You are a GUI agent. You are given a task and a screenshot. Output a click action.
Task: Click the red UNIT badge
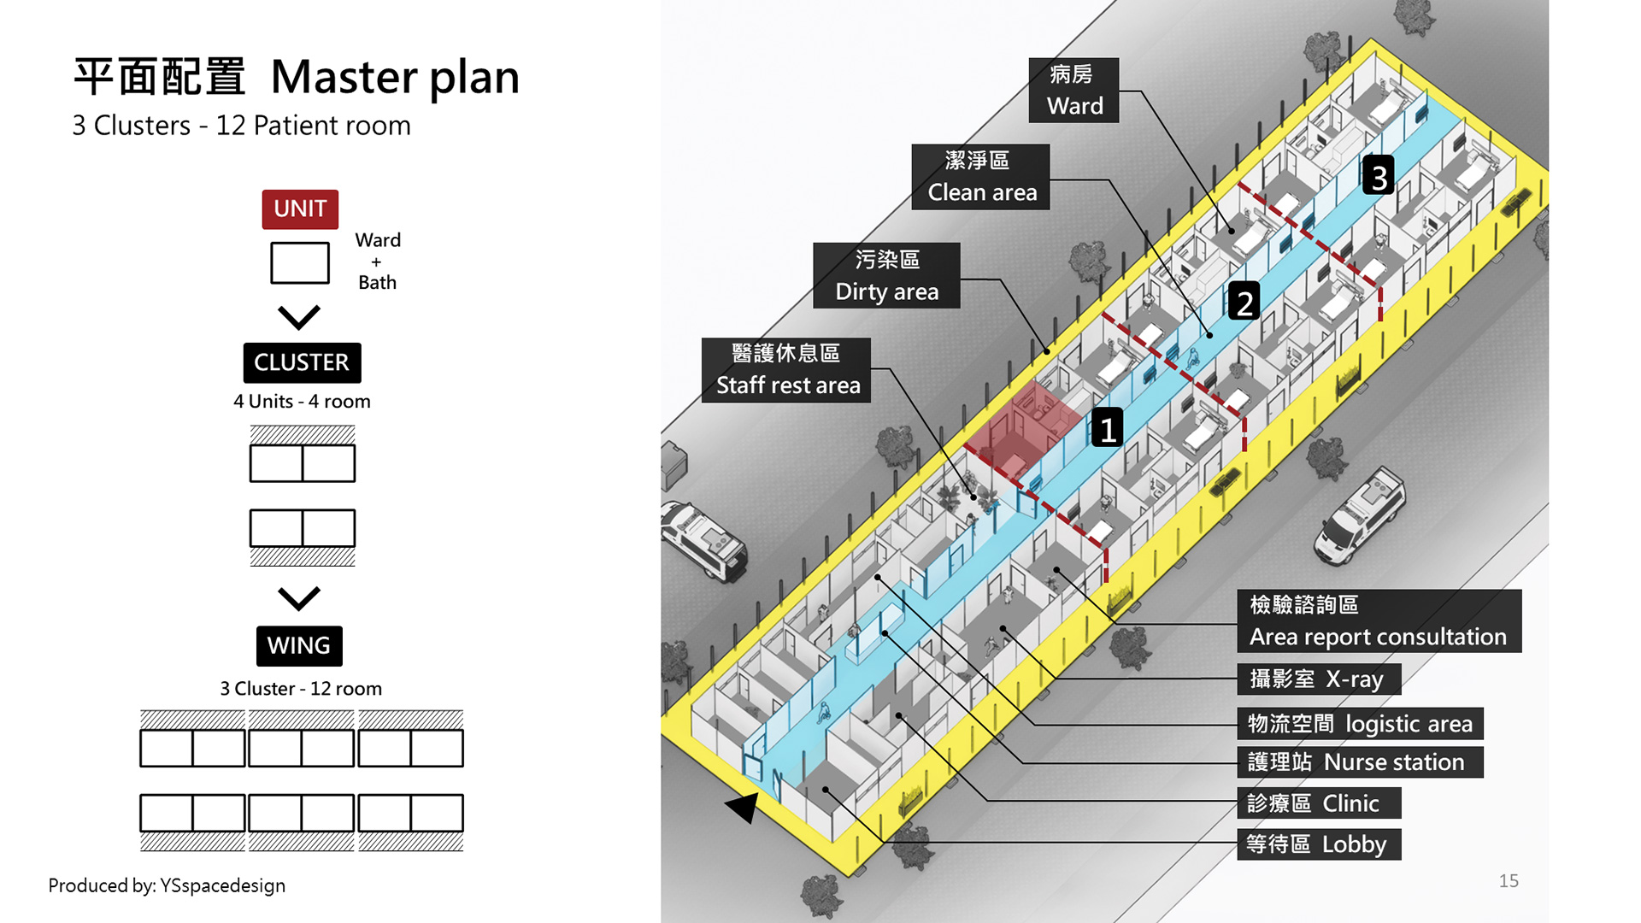tap(300, 209)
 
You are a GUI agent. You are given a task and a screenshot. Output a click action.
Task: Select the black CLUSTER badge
tap(302, 362)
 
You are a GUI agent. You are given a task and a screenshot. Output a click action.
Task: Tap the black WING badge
tap(299, 645)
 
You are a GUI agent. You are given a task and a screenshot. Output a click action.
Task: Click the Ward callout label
tap(1073, 91)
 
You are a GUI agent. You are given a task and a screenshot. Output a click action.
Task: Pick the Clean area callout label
tap(980, 177)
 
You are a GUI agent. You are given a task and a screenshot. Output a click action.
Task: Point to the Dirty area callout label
tap(886, 275)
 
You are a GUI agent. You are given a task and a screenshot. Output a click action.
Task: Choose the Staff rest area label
tap(786, 370)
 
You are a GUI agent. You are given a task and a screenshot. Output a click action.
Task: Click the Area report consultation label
tap(1379, 621)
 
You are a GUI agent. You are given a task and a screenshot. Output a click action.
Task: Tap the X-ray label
tap(1318, 679)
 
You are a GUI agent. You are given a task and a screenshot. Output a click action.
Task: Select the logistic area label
tap(1359, 724)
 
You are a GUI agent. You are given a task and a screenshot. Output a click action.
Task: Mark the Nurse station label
tap(1359, 762)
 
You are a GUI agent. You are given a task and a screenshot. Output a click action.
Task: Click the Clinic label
tap(1318, 803)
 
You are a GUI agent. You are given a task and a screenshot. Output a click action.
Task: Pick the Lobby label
tap(1318, 844)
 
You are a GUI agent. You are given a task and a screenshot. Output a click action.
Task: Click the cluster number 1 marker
tap(1108, 428)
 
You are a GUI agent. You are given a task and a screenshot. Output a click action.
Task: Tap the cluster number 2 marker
tap(1244, 302)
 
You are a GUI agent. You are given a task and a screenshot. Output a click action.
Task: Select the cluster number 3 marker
tap(1379, 176)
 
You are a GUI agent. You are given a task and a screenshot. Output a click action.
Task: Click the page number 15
tap(1509, 881)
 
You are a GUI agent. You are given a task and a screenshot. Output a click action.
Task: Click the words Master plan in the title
tap(395, 77)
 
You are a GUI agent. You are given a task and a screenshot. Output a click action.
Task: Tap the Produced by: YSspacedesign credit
tap(167, 885)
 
